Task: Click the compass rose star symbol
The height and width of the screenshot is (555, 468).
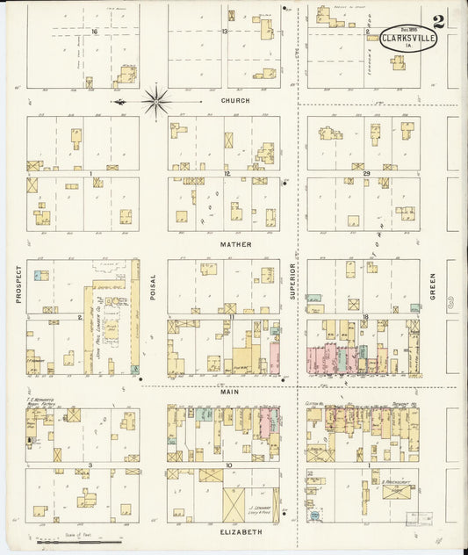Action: coord(156,102)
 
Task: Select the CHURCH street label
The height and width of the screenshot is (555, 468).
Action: coord(235,101)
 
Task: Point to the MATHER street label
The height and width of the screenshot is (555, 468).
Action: coord(235,244)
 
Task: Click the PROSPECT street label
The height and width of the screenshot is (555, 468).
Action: coord(18,285)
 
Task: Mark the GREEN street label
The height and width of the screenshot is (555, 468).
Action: coord(432,285)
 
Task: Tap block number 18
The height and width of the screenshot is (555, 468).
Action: coord(362,314)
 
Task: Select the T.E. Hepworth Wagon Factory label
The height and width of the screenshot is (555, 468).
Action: coord(40,400)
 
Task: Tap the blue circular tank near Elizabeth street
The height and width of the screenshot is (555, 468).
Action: coord(314,516)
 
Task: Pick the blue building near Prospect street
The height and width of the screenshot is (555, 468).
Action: coord(40,276)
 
